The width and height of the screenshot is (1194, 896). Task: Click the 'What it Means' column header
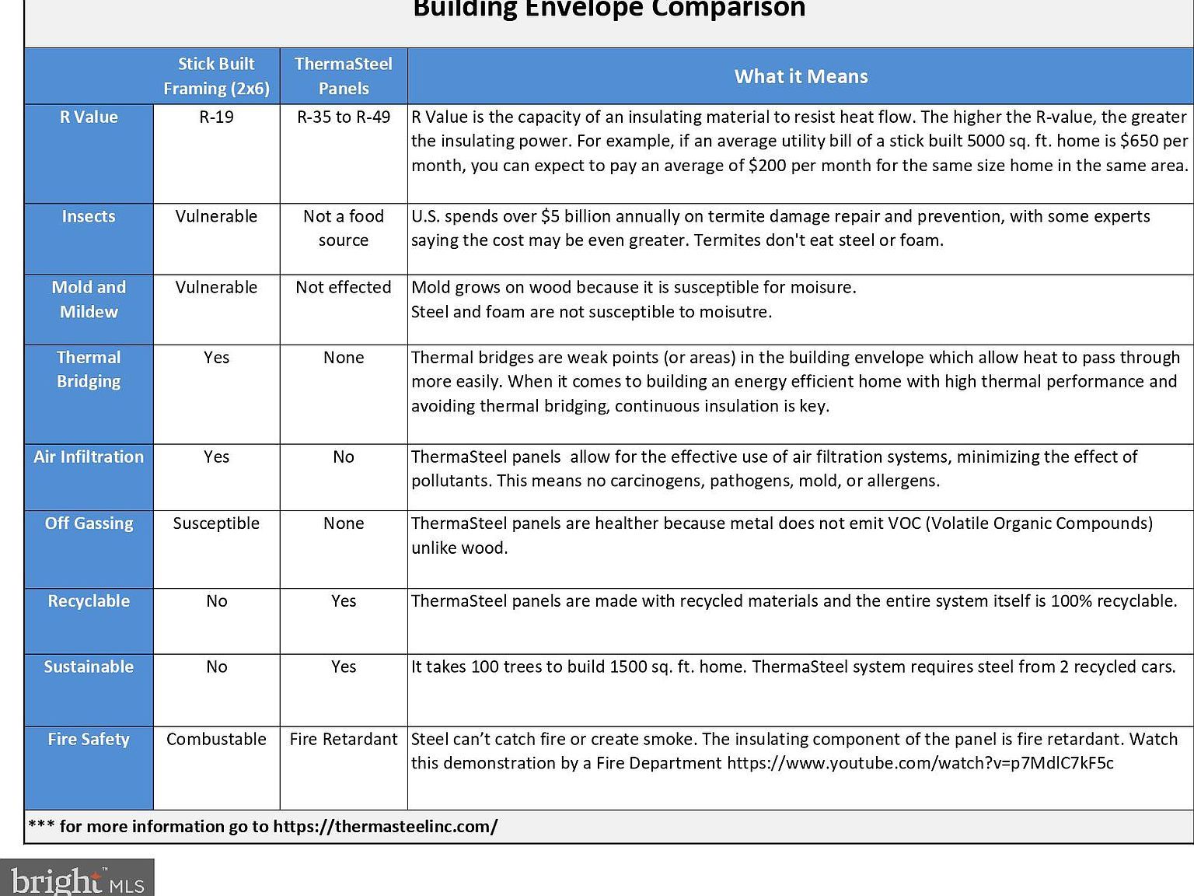point(801,76)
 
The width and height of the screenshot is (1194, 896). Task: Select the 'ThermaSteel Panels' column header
point(344,76)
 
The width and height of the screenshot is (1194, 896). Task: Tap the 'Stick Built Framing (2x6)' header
point(216,76)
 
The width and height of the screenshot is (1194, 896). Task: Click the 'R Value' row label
point(89,117)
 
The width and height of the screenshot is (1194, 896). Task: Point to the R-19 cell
point(216,117)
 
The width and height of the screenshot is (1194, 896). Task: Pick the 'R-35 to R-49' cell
point(344,117)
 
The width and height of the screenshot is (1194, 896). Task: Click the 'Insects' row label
point(89,216)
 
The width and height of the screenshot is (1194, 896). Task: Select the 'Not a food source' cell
point(344,228)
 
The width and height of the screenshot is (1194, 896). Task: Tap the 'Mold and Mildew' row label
point(89,299)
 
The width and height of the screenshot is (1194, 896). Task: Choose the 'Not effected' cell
point(344,287)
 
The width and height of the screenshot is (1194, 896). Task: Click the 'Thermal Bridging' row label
point(89,369)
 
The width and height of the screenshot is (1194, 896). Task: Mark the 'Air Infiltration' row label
point(89,457)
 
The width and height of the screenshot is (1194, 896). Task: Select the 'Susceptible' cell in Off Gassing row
point(216,523)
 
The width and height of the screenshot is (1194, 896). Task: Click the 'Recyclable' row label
point(89,601)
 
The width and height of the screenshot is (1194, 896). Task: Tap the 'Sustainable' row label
point(89,667)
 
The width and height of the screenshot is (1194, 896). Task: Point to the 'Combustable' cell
point(216,739)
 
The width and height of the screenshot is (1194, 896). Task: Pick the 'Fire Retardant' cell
point(344,739)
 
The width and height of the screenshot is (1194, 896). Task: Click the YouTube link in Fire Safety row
point(920,763)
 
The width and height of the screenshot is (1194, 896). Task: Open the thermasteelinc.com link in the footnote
point(385,826)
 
